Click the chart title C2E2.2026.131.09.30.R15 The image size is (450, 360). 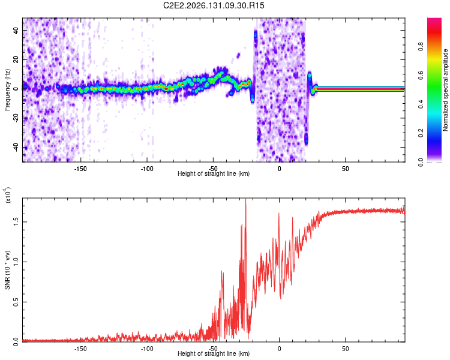214,5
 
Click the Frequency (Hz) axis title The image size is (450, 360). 7,90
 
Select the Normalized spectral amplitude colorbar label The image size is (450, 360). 445,90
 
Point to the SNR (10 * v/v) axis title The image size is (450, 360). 7,270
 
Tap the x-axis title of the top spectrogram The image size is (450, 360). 214,173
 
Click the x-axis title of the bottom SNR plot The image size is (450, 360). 214,353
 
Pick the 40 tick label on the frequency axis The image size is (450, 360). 16,30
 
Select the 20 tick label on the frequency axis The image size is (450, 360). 16,59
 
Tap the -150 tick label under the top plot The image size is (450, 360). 80,169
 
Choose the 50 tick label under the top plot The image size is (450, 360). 345,169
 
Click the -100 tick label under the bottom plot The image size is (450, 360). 146,349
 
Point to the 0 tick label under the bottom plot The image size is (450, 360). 279,349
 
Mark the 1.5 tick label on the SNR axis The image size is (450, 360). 16,221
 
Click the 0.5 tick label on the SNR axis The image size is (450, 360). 16,302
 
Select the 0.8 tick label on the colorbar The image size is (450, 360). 421,46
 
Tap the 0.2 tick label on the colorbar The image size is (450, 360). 421,133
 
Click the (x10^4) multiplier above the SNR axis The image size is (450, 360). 8,195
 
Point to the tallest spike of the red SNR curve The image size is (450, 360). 245,199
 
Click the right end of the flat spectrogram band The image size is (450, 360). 404,89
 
